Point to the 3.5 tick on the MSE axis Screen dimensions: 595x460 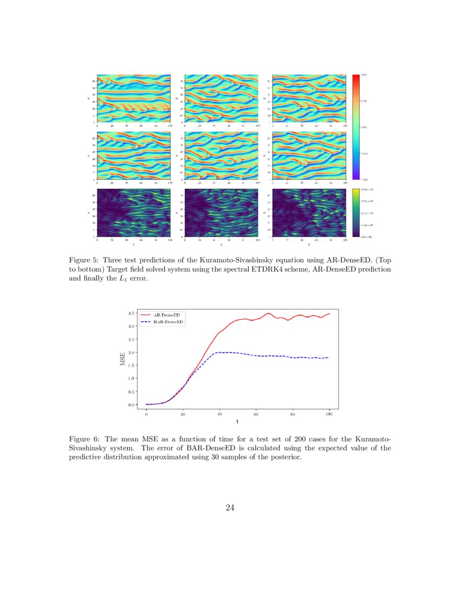pos(132,313)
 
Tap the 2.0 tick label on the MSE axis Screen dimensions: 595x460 pos(132,352)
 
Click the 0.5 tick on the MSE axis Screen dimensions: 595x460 pos(132,392)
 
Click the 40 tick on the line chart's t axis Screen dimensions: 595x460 pos(219,414)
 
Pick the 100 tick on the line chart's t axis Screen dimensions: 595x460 pos(329,414)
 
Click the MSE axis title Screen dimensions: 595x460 pos(123,359)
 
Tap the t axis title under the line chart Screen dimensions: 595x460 pos(237,422)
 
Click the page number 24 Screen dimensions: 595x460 pos(229,507)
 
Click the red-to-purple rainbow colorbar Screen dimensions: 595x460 pos(356,127)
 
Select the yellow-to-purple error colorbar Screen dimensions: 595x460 pos(356,213)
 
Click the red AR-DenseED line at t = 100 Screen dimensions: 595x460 pos(329,313)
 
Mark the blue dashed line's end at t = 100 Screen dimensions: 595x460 pos(329,358)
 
